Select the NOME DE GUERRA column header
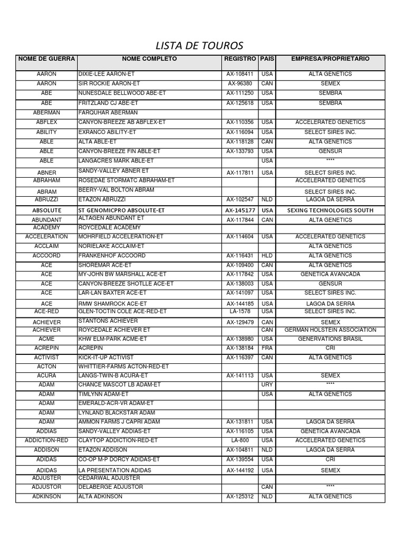pos(46,59)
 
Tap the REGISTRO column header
pos(240,59)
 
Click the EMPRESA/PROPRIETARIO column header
pos(331,59)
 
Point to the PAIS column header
pos(267,59)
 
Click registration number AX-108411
pos(240,74)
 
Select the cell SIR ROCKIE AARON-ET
pos(109,83)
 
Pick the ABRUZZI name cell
pos(46,200)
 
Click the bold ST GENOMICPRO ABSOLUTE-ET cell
pos(121,210)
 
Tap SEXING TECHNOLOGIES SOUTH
pos(331,210)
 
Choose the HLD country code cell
pos(267,256)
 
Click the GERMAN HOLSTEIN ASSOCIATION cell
pos(331,330)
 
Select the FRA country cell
pos(267,349)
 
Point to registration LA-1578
pos(240,312)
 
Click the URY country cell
pos(267,385)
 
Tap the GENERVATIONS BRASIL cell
pos(331,339)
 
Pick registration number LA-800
pos(240,440)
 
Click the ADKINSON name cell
pos(46,497)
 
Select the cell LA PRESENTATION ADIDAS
pos(114,470)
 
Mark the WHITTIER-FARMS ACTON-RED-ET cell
pos(123,367)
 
